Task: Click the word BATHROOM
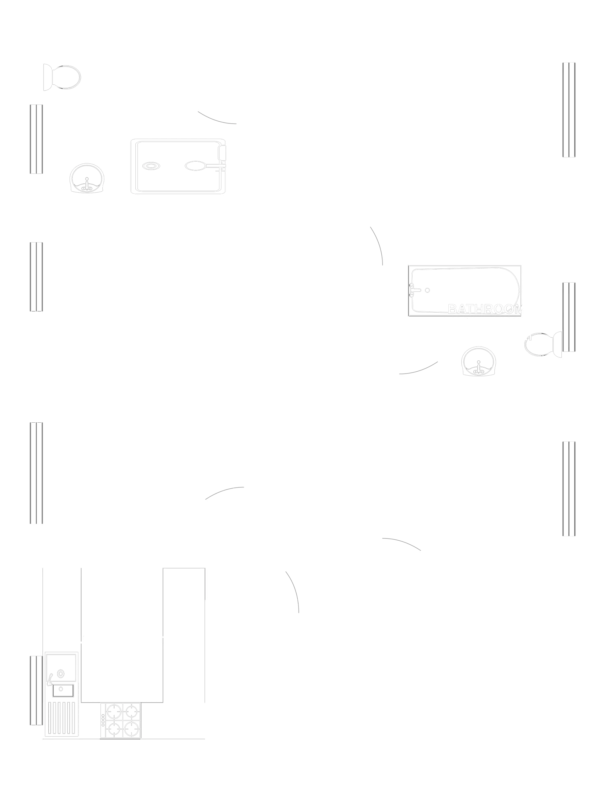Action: pos(484,309)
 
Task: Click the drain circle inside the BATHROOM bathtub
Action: pos(428,290)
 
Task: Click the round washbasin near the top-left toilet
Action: pos(87,178)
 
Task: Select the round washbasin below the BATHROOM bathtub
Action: pos(478,360)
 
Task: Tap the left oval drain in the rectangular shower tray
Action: pos(151,166)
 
